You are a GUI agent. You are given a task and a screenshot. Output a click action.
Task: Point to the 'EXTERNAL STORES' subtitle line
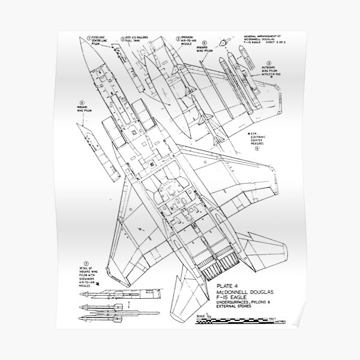click(239, 320)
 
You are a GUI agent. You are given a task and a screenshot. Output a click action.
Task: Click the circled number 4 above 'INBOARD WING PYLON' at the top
click(205, 43)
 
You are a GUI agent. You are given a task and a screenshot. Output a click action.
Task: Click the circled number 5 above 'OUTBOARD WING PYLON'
click(269, 62)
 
